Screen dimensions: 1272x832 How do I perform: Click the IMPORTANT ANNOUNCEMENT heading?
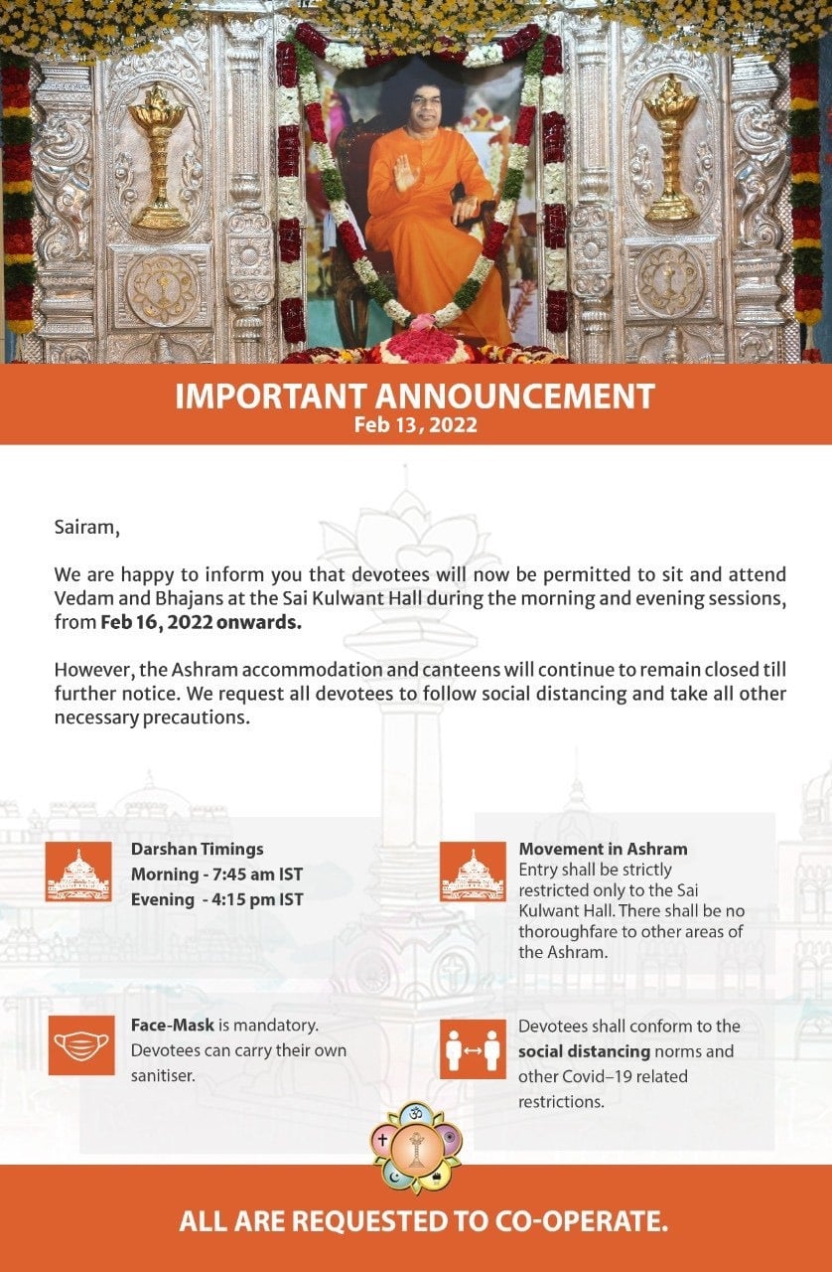pos(415,396)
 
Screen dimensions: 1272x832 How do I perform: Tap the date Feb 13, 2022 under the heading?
pos(415,425)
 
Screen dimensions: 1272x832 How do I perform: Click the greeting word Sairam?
pos(86,527)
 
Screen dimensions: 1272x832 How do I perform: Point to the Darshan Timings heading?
pos(198,850)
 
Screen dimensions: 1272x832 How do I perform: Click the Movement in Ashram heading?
pos(603,850)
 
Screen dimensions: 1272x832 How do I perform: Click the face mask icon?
pos(80,1044)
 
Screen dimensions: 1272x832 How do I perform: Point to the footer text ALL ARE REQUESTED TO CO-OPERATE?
pos(423,1220)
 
